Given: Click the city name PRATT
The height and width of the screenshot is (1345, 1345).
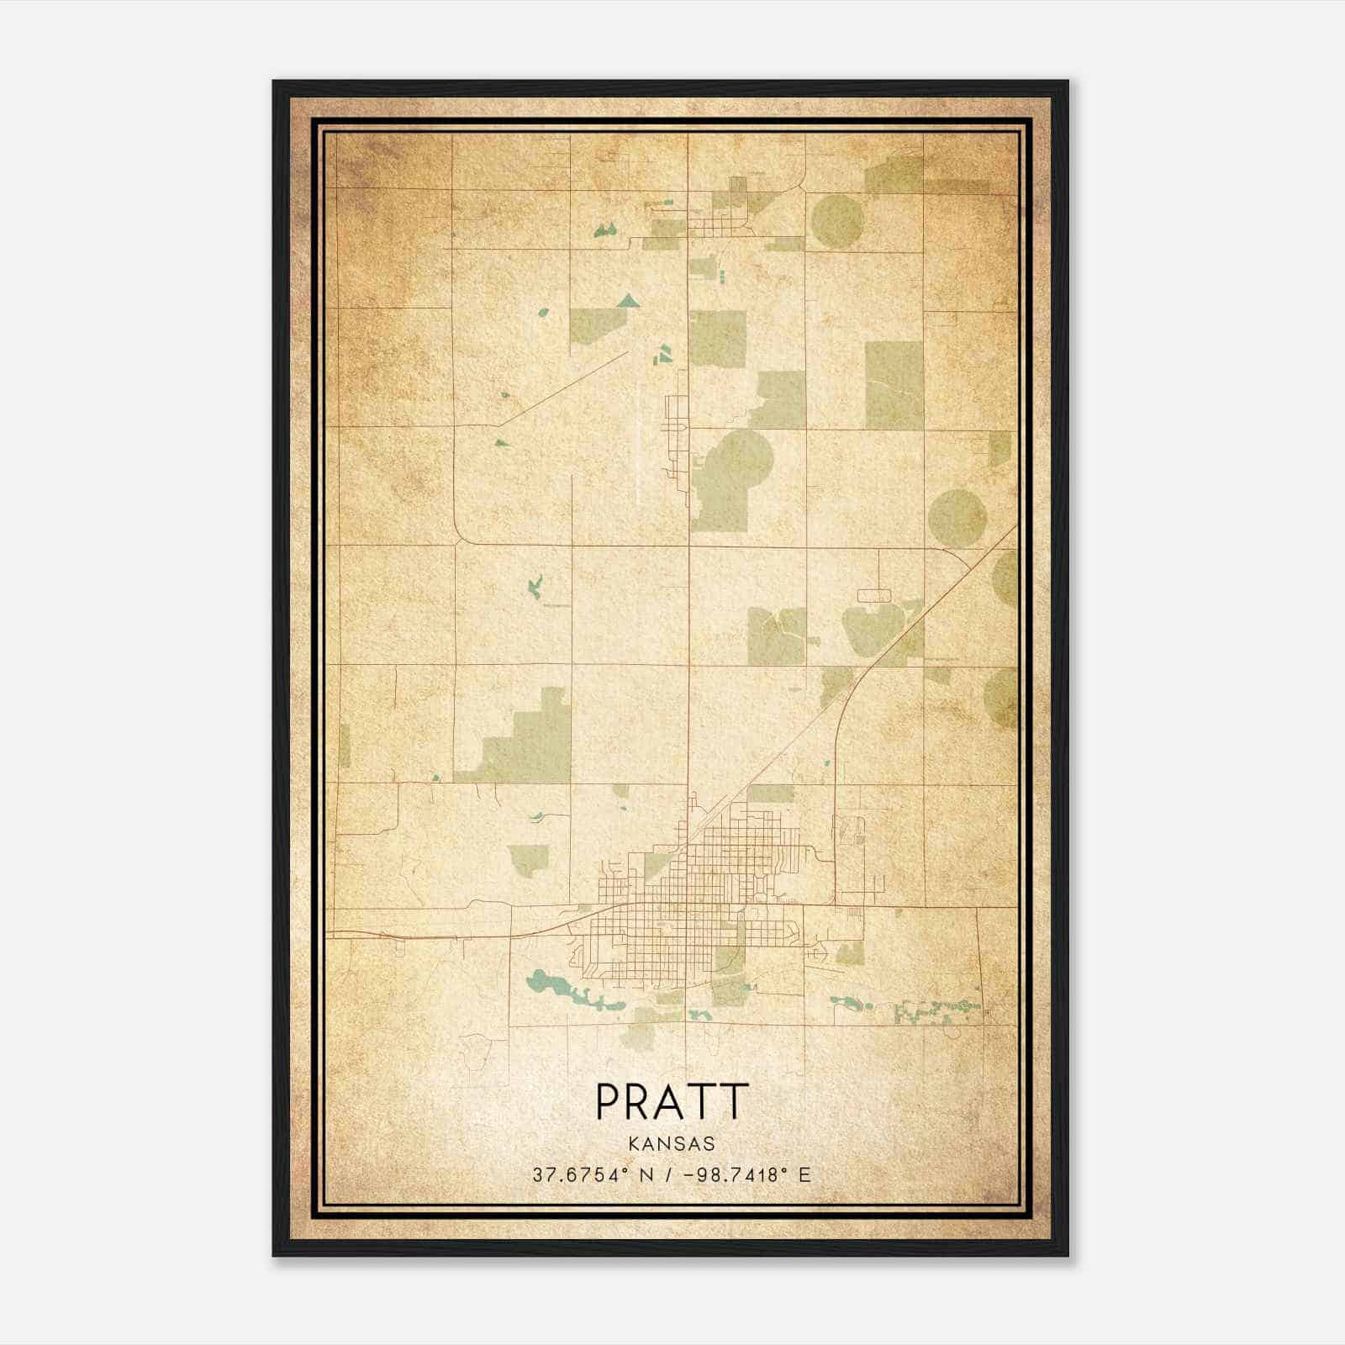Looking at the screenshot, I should click(x=672, y=1101).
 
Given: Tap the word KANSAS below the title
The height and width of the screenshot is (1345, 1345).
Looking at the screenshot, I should click(x=672, y=1144).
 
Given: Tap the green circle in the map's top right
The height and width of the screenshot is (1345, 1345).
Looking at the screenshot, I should click(x=838, y=221).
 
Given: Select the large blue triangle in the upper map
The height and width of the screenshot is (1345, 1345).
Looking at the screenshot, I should click(x=627, y=301).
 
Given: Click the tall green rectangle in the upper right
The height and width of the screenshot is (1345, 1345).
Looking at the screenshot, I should click(x=894, y=385).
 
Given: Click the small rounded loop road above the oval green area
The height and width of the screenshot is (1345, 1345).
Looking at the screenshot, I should click(x=873, y=595).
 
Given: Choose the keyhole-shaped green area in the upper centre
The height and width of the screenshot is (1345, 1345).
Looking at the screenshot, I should click(x=728, y=479).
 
